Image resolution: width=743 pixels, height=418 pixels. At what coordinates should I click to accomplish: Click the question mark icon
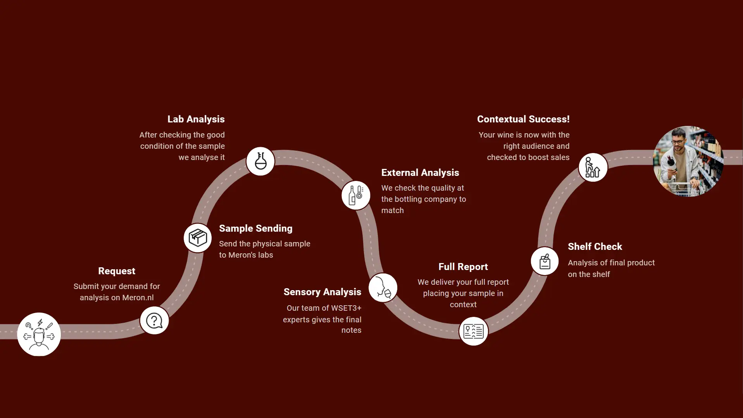pos(154,320)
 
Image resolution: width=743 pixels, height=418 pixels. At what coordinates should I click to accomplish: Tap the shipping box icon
pos(198,238)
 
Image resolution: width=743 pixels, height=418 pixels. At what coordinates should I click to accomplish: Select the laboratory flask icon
pos(260,161)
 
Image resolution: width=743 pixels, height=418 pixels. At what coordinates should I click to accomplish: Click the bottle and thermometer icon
pos(356,195)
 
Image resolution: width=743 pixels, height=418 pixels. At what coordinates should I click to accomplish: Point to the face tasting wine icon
pos(383,288)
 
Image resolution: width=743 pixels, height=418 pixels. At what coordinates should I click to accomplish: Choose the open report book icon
pos(473,331)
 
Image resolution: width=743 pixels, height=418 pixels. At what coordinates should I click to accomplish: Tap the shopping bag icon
pos(545,261)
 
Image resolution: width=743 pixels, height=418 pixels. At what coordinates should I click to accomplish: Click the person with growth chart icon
pos(593,167)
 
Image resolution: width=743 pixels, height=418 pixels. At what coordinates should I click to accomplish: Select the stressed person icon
pos(39,334)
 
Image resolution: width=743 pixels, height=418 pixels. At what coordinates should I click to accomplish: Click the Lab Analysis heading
pos(196,119)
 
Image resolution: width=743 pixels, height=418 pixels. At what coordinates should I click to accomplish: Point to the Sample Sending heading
pos(255,228)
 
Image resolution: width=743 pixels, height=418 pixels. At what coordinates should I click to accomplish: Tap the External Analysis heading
pos(420,172)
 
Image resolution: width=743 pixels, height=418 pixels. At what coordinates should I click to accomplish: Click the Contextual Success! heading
pos(523,119)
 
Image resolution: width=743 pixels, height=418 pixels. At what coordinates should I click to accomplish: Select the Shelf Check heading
pos(595,246)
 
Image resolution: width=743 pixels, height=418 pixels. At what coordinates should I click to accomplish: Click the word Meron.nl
pos(138,298)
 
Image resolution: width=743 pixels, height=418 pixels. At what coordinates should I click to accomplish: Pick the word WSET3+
pos(346,308)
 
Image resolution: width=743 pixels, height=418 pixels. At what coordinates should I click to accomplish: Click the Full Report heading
pos(463,267)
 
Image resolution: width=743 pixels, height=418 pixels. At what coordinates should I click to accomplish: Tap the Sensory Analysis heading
pos(322,292)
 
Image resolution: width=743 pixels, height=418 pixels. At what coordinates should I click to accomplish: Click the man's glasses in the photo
pos(677,142)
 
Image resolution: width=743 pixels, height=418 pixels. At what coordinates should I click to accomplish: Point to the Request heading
pos(117,271)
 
